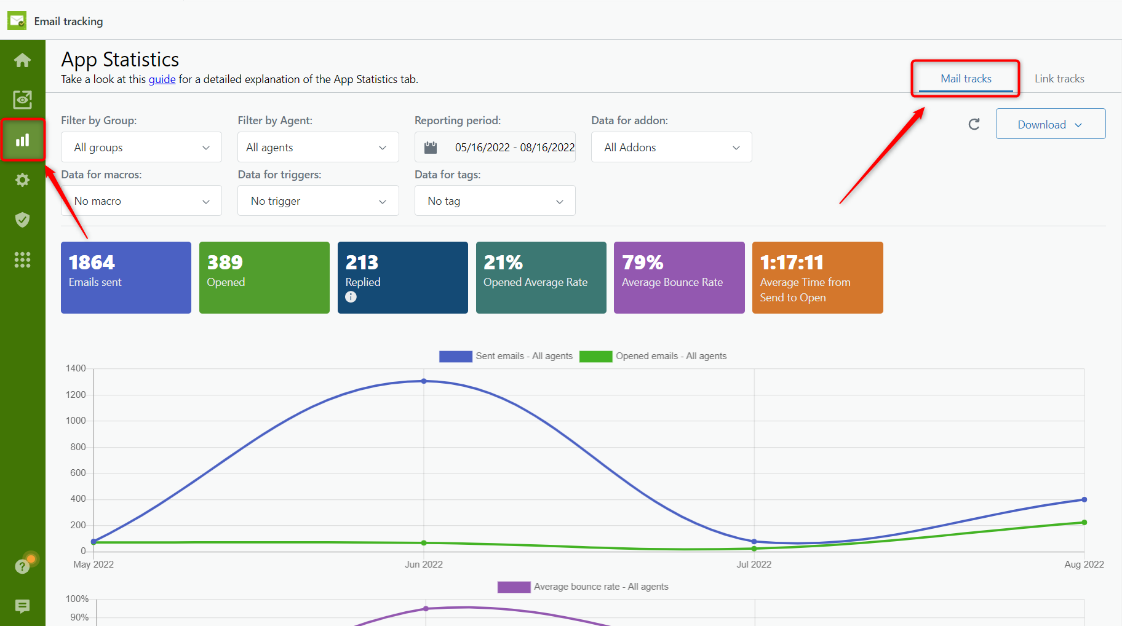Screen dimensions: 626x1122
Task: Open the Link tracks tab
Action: click(1059, 79)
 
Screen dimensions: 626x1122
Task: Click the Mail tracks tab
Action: click(965, 79)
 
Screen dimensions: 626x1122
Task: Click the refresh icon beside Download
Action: click(974, 124)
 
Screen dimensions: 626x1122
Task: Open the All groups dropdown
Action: click(141, 148)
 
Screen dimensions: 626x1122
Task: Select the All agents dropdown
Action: click(317, 148)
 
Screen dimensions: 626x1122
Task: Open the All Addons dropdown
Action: click(671, 148)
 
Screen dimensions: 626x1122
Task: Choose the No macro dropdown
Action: click(141, 201)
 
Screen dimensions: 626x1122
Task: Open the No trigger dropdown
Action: click(317, 201)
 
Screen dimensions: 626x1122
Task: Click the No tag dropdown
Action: click(495, 201)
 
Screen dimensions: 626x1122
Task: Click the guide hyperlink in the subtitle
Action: click(162, 79)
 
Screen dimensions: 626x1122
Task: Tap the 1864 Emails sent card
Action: click(126, 277)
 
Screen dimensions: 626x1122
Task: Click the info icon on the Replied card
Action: click(351, 297)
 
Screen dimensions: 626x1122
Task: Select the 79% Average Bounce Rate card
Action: click(678, 277)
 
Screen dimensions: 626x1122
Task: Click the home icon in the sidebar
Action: click(23, 60)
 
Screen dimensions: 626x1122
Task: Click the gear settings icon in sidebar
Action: click(23, 180)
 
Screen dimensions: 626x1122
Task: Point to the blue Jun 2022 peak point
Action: click(424, 381)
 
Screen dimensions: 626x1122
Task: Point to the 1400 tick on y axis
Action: click(76, 368)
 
